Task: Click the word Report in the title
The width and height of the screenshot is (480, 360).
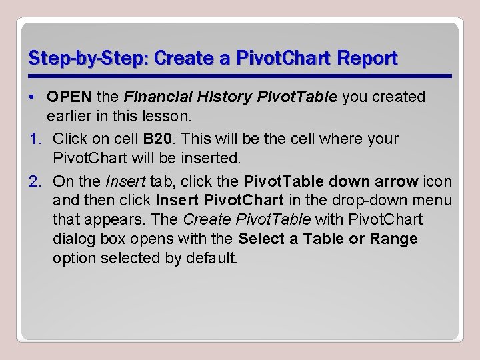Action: tap(369, 59)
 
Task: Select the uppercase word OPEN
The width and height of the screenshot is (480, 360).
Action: tap(69, 97)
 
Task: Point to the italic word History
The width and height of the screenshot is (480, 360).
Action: tap(221, 97)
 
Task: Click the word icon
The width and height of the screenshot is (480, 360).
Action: tap(437, 181)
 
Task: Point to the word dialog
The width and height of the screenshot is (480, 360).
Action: tap(73, 239)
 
